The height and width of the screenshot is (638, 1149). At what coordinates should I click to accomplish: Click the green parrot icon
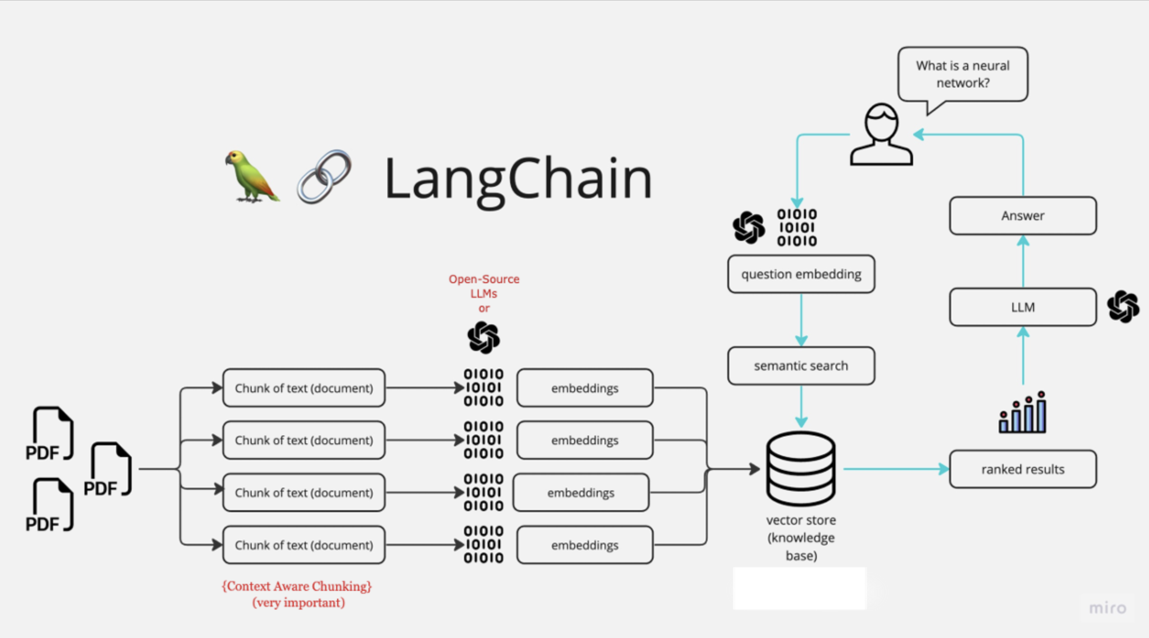click(x=252, y=176)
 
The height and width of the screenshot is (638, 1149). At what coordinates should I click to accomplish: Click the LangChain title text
click(x=518, y=178)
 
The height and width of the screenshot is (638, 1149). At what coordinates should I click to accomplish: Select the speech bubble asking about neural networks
click(x=962, y=74)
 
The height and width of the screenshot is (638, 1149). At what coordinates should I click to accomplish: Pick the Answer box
click(x=1023, y=216)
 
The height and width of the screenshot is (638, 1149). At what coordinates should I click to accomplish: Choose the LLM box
click(x=1023, y=307)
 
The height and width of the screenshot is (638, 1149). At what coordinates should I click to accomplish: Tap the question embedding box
click(x=801, y=274)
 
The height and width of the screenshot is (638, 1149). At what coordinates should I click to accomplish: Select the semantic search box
click(x=801, y=366)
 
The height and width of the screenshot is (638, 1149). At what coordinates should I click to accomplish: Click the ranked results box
click(x=1023, y=469)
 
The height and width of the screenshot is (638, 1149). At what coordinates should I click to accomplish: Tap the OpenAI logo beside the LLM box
click(x=1123, y=307)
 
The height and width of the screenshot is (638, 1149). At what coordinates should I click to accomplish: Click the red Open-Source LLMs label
click(x=484, y=293)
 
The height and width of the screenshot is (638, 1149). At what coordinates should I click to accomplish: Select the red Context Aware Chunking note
click(x=297, y=594)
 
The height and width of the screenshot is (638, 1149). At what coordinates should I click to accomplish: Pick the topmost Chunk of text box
click(x=304, y=388)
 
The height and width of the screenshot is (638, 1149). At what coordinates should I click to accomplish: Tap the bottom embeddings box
click(x=585, y=545)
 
